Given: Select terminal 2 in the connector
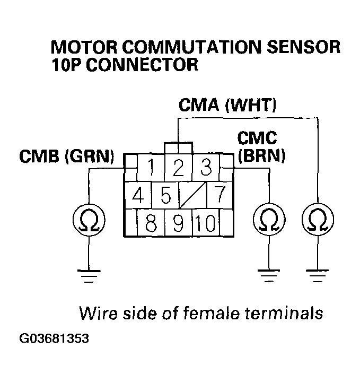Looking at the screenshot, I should pos(178,168).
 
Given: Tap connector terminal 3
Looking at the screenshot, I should pos(206,168).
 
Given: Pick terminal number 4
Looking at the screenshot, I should pos(138,196).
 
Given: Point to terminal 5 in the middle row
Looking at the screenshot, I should pos(165,196).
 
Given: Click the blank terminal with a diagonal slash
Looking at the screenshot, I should pos(192,196).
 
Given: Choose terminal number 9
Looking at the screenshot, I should pos(178,223).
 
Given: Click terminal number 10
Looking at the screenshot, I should pos(206,223).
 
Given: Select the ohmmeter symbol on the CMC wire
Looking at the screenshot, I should pos(269,219).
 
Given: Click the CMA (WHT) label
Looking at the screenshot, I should pos(227,105).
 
